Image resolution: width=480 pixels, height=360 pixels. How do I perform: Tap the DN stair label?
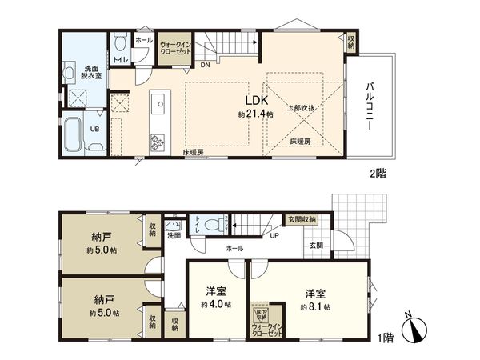[x=205, y=66]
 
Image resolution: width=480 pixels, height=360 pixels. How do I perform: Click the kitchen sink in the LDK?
[x=157, y=105]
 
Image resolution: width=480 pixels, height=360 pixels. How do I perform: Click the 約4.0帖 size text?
[x=217, y=305]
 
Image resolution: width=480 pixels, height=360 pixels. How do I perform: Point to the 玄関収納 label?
[x=302, y=219]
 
